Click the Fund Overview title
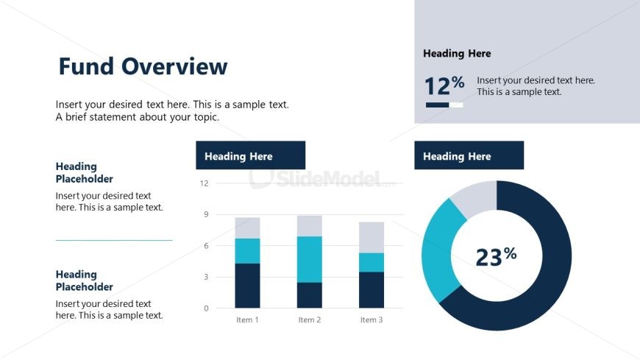(x=143, y=67)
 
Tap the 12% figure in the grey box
(x=444, y=86)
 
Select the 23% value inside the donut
(x=496, y=256)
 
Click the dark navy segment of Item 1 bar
(x=247, y=286)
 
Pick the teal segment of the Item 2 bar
(x=309, y=259)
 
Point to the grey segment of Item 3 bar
(x=371, y=237)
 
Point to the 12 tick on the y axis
(x=205, y=183)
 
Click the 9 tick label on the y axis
(x=206, y=215)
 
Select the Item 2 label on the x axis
(x=310, y=320)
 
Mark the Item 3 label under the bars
(x=371, y=320)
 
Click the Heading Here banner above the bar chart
(x=250, y=156)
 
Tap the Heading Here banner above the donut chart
(x=469, y=156)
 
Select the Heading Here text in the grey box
(x=457, y=54)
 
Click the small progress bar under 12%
(x=444, y=105)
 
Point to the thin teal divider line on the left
(x=114, y=240)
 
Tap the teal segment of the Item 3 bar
(x=371, y=263)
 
